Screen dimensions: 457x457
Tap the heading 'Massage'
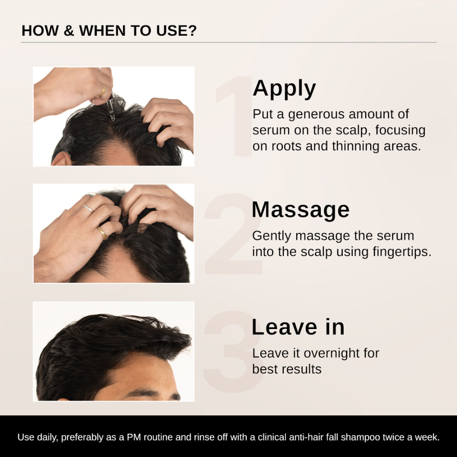[x=301, y=210]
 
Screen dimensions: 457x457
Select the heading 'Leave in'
[x=298, y=327]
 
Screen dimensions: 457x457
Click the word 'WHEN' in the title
[x=102, y=31]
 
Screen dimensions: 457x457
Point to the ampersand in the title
[x=69, y=31]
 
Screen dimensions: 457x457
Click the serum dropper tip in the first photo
[x=112, y=118]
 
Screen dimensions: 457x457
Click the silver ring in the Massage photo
[x=88, y=208]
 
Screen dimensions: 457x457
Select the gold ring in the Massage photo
[x=102, y=233]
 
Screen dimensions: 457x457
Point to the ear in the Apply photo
[x=61, y=159]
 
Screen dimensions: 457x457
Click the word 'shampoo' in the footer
[x=360, y=437]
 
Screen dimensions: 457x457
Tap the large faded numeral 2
[x=233, y=234]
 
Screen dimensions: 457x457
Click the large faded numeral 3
[x=233, y=351]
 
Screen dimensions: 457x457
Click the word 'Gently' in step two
[x=271, y=236]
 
